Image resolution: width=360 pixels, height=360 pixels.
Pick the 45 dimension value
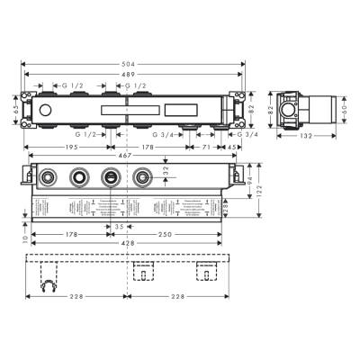coord(233,146)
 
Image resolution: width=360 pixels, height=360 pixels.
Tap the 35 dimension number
coord(120,227)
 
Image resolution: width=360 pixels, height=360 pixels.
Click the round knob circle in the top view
coord(44,108)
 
